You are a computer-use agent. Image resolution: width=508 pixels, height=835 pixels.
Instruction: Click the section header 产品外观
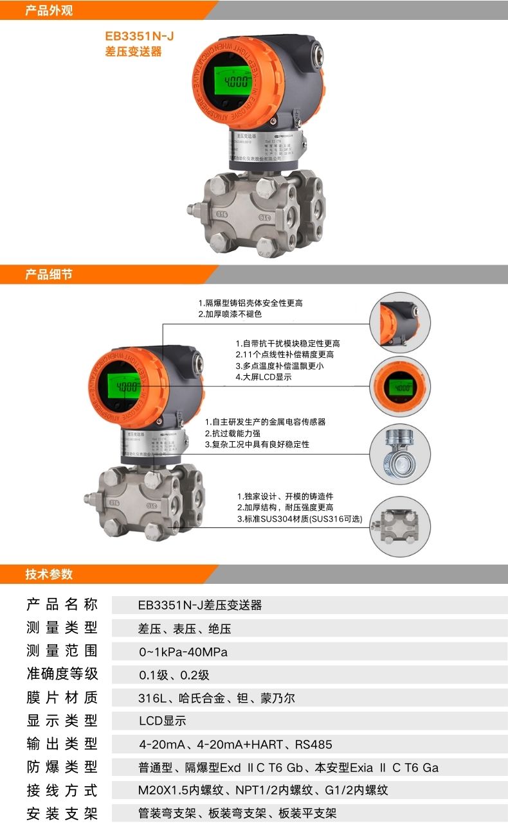[49, 10]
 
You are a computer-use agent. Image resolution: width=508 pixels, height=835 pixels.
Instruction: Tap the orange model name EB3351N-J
[139, 37]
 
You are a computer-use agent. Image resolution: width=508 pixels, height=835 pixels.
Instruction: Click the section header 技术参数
[49, 574]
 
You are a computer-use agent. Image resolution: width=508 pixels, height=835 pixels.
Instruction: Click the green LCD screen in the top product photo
[233, 82]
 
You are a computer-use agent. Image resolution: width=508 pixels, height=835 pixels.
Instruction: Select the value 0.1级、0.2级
[174, 675]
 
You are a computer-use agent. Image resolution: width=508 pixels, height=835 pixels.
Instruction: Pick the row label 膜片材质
[62, 698]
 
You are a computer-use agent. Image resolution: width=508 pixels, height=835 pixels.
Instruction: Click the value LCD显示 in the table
[162, 721]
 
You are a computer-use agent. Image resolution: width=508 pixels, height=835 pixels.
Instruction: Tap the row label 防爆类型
[62, 767]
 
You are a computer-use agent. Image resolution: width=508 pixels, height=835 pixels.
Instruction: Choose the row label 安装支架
[62, 814]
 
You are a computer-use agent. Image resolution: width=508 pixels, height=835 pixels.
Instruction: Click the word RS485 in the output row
[314, 744]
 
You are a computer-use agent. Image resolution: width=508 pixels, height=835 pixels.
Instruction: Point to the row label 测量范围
[62, 651]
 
